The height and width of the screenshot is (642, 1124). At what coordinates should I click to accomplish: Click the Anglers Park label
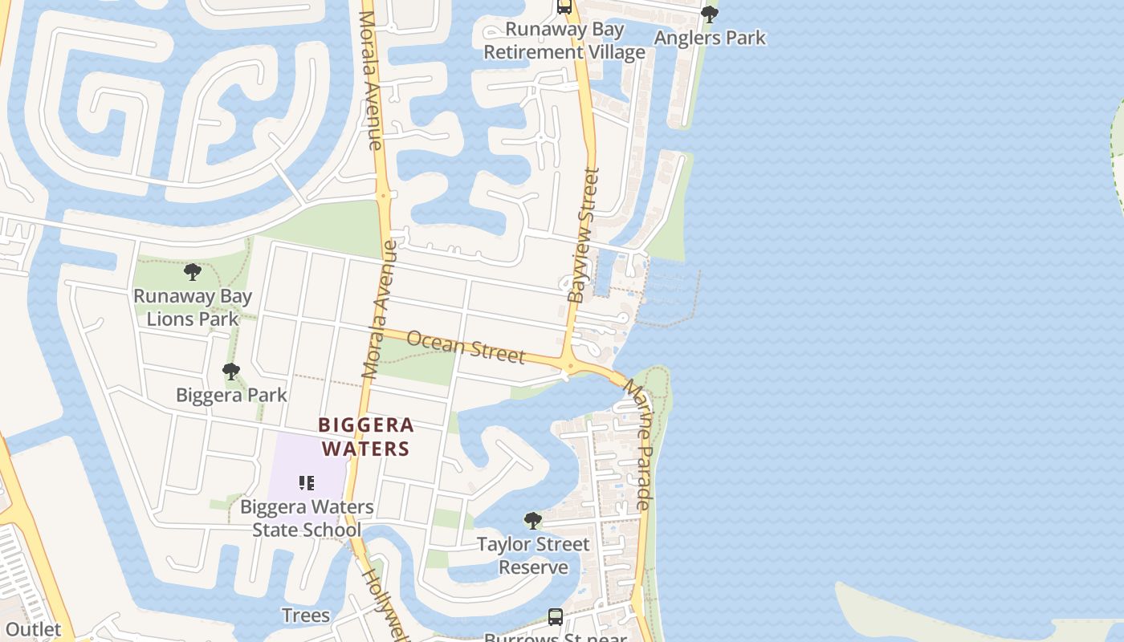pyautogui.click(x=710, y=38)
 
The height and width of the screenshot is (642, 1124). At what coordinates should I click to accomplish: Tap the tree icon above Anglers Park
pyautogui.click(x=709, y=14)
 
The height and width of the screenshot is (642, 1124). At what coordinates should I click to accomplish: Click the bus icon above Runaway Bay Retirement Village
pyautogui.click(x=564, y=7)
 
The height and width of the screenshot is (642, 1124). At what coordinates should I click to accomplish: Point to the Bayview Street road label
pyautogui.click(x=584, y=235)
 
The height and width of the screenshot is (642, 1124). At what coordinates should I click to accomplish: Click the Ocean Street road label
pyautogui.click(x=466, y=347)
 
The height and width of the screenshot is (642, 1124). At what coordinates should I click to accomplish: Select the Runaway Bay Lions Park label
pyautogui.click(x=193, y=307)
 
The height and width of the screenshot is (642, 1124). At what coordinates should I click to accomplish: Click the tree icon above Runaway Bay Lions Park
pyautogui.click(x=193, y=272)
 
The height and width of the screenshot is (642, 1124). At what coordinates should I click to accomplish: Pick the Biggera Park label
pyautogui.click(x=231, y=395)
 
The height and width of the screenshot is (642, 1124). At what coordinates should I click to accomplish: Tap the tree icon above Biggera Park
pyautogui.click(x=231, y=372)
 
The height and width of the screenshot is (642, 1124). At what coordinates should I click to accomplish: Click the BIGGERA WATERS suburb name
pyautogui.click(x=366, y=437)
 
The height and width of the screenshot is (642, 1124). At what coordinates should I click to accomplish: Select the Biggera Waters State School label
pyautogui.click(x=307, y=518)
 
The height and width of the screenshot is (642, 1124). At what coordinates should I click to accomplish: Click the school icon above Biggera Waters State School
pyautogui.click(x=306, y=482)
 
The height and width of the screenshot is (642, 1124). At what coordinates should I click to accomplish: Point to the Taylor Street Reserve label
pyautogui.click(x=533, y=555)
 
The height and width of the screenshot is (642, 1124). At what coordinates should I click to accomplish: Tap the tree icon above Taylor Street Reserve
pyautogui.click(x=532, y=521)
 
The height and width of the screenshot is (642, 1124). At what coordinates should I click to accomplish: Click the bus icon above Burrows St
pyautogui.click(x=555, y=616)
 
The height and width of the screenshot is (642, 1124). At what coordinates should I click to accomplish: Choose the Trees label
pyautogui.click(x=306, y=616)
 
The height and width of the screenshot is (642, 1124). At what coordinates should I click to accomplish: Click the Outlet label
pyautogui.click(x=33, y=629)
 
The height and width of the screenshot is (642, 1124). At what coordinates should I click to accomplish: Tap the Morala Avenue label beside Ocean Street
pyautogui.click(x=380, y=313)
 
